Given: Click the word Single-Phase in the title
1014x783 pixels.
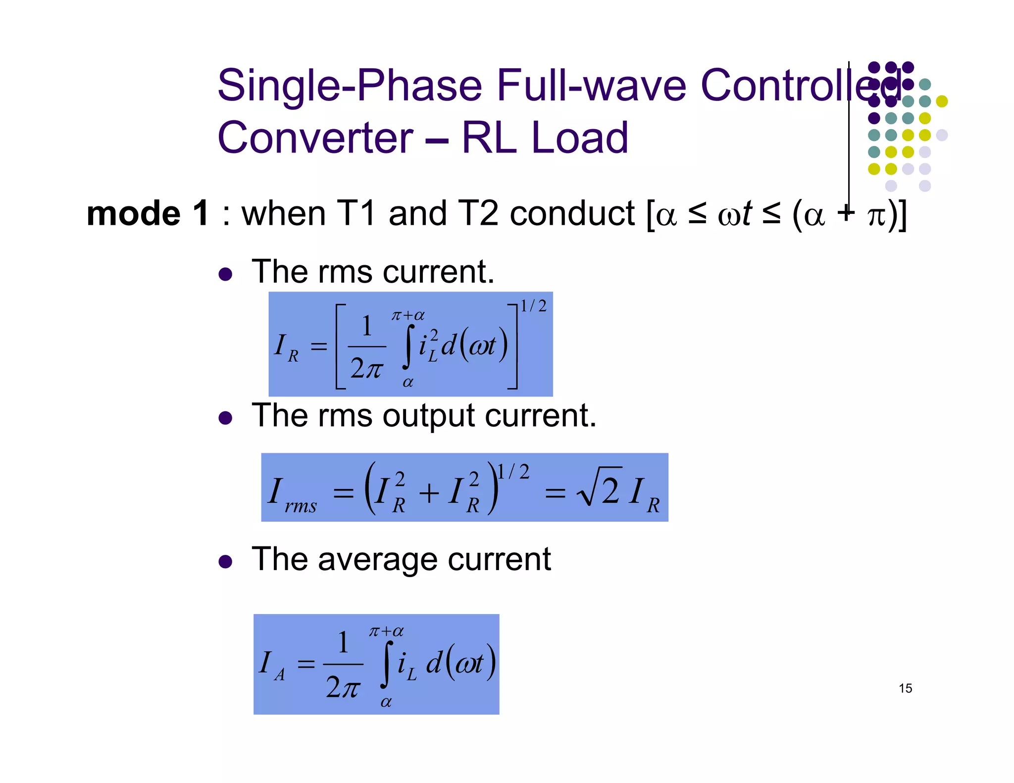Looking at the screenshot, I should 350,87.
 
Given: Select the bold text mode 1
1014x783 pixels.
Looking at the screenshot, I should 148,214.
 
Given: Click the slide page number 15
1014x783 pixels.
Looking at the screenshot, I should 905,688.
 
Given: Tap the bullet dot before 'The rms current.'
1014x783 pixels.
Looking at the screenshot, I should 225,275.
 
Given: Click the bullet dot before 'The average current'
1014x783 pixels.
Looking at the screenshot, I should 225,562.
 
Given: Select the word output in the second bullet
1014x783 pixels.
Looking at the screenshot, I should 429,416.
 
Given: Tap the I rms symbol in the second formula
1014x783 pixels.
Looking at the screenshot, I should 292,493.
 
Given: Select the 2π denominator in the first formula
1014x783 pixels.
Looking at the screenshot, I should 366,369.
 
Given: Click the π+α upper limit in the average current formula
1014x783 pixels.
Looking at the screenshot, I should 386,632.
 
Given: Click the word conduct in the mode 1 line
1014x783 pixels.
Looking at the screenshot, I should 572,214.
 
